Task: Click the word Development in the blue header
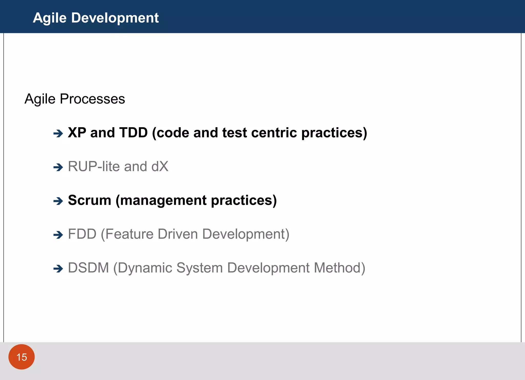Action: tap(115, 18)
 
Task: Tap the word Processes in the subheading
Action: tap(92, 99)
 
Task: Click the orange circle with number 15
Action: tap(22, 357)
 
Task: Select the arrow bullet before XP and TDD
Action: tap(58, 133)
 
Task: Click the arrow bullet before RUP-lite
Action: tap(58, 167)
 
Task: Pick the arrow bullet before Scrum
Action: tap(58, 201)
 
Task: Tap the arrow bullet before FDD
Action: tap(58, 235)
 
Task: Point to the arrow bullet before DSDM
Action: tap(58, 269)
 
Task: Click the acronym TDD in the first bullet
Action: tap(134, 133)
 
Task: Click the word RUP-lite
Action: tap(94, 167)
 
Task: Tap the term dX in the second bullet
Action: tap(160, 167)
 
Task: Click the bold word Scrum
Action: tap(89, 200)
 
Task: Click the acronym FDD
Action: tap(82, 234)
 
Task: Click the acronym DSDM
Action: tap(88, 268)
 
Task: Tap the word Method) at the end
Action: tap(339, 268)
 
